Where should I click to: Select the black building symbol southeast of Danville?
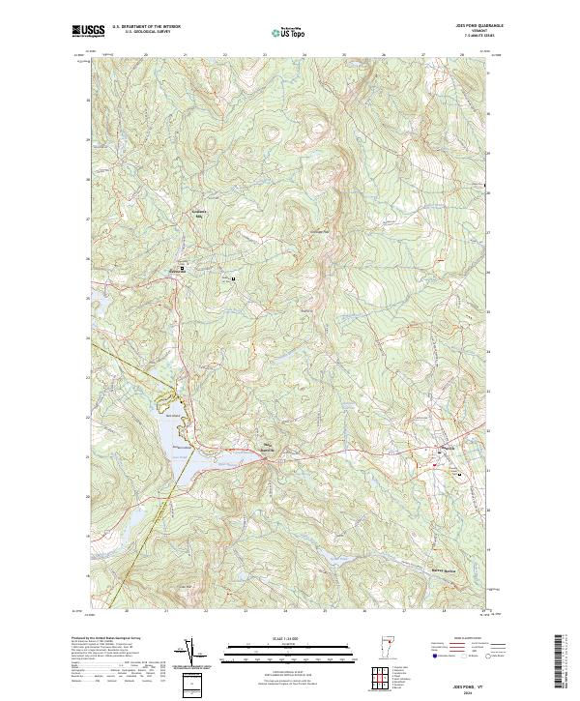[x=460, y=475]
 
